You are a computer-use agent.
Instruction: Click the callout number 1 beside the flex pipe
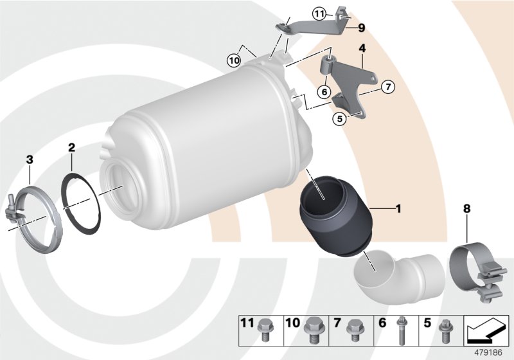click(398, 208)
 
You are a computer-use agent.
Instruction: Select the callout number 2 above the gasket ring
click(73, 147)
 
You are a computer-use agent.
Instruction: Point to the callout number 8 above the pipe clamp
click(468, 208)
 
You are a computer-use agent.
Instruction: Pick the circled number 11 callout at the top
click(320, 12)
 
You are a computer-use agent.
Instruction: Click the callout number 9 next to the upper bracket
click(361, 28)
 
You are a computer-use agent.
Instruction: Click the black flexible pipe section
click(335, 215)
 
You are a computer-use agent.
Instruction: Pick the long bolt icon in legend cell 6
click(402, 329)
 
